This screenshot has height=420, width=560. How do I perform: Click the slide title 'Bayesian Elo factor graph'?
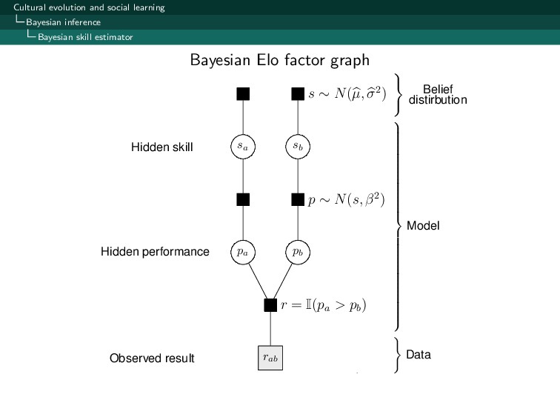tap(279, 59)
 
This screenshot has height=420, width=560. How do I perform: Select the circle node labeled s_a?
tap(243, 147)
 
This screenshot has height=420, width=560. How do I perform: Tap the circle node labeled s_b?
tap(298, 147)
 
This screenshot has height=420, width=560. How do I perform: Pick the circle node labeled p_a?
tap(243, 252)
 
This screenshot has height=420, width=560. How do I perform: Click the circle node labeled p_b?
tap(298, 252)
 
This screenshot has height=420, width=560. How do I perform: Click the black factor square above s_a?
tap(243, 94)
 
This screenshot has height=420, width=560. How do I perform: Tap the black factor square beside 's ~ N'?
tap(298, 94)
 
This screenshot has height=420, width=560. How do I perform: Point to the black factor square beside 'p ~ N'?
tap(298, 199)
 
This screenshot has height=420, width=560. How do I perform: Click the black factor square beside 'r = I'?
tap(270, 304)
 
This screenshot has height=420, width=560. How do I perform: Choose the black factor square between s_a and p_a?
tap(243, 199)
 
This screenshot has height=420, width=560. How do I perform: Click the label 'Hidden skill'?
tap(161, 147)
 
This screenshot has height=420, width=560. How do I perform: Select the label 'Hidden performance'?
tap(155, 252)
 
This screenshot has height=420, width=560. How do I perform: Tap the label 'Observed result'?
tap(152, 359)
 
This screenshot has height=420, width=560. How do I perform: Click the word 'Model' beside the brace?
tap(423, 226)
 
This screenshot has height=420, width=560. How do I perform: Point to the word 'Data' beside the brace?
tap(419, 356)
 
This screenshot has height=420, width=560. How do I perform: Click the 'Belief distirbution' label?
tap(437, 95)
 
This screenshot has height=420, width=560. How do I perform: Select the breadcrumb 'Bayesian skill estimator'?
tap(85, 37)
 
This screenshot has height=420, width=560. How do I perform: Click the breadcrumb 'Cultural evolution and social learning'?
tap(89, 7)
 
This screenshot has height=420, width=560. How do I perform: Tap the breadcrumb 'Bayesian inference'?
tap(63, 22)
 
